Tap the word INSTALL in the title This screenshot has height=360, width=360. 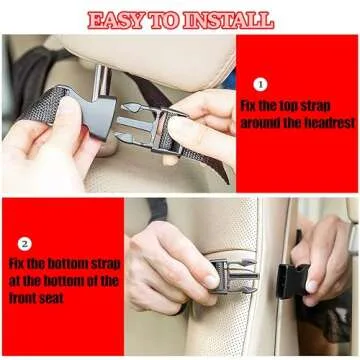229,18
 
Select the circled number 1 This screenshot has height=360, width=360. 260,85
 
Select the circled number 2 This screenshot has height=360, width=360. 25,243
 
